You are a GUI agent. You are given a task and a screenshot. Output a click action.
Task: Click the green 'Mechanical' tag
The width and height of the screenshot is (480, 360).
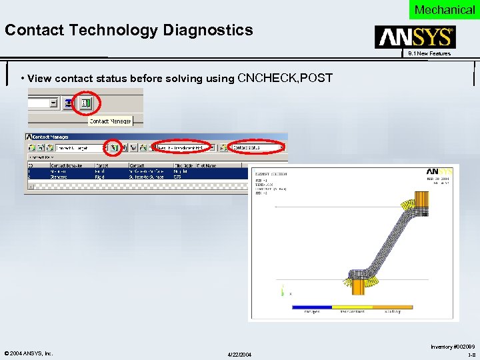pyautogui.click(x=444, y=9)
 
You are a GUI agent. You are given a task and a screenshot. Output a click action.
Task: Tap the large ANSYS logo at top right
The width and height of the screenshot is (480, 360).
pyautogui.click(x=415, y=37)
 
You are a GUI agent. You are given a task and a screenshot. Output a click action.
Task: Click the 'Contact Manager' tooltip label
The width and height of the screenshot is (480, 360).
pyautogui.click(x=111, y=121)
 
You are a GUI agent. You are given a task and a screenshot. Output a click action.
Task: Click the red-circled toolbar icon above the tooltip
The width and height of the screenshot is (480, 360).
pyautogui.click(x=87, y=104)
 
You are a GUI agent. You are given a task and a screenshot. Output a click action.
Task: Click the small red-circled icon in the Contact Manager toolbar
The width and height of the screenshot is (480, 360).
pyautogui.click(x=115, y=147)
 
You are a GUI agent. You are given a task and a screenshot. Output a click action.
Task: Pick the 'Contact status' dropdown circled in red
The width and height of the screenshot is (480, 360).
pyautogui.click(x=255, y=147)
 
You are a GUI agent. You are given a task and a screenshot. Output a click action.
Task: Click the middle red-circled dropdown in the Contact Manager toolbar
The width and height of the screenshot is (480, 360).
pyautogui.click(x=181, y=147)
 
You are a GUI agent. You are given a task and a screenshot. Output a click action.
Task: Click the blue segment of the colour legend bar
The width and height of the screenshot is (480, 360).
pyautogui.click(x=312, y=307)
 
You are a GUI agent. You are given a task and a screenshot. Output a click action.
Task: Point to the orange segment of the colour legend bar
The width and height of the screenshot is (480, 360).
pyautogui.click(x=392, y=307)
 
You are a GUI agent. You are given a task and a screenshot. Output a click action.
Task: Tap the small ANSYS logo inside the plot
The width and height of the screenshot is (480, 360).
pyautogui.click(x=439, y=171)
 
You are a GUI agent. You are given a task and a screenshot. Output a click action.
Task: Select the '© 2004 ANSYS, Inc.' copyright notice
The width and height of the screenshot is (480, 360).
pyautogui.click(x=29, y=353)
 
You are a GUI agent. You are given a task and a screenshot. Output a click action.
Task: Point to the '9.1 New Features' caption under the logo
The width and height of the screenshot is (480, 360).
pyautogui.click(x=429, y=53)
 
